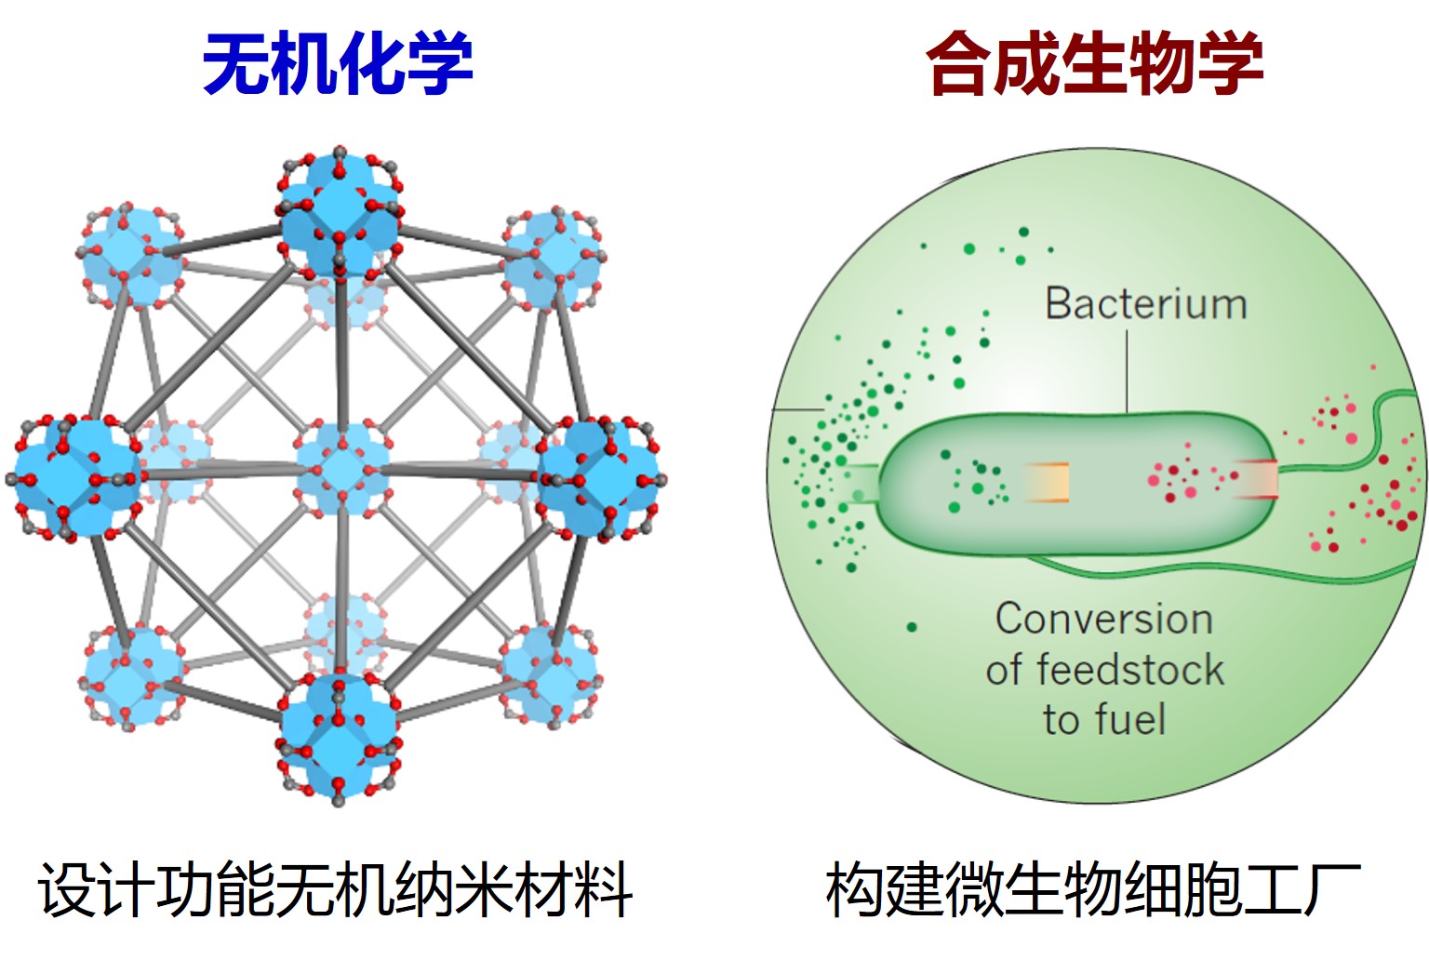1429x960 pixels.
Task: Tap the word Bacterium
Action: [1145, 304]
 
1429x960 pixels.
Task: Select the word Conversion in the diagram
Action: [1104, 620]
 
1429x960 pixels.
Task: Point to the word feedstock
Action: [1129, 670]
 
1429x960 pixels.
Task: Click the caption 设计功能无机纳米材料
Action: [336, 889]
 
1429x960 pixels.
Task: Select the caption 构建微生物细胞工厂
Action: [1093, 889]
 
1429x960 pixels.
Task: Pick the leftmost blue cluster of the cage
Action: [76, 476]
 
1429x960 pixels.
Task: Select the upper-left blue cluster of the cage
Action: [128, 256]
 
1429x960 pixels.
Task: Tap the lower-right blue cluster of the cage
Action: [550, 672]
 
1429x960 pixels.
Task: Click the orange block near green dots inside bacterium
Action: [1048, 483]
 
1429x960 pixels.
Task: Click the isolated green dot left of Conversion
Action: [912, 627]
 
